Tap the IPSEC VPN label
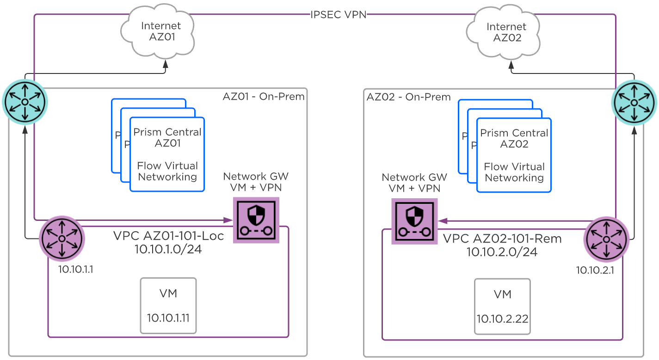coord(339,15)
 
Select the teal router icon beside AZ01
coord(25,102)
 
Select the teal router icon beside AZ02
coord(634,102)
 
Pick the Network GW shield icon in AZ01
coord(256,220)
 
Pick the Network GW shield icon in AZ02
coord(414,221)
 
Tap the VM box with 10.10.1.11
coord(168,305)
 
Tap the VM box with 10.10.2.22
coord(503,306)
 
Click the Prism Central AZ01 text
coord(167,138)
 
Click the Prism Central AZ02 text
coord(514,139)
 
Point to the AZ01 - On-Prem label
coord(264,97)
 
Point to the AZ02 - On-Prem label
coord(408,97)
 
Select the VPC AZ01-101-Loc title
coord(168,236)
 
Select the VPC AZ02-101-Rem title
coord(502,239)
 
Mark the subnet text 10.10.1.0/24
coord(168,250)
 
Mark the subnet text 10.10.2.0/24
coord(502,252)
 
